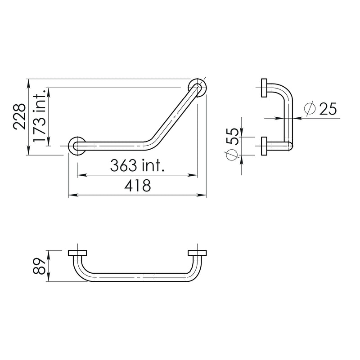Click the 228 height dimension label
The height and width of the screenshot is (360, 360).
tap(19, 117)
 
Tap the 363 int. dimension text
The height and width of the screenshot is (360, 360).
tap(137, 165)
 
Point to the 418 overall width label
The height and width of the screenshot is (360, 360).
tap(138, 186)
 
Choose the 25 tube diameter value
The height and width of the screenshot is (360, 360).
tap(328, 108)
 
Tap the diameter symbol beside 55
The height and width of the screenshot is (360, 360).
tap(232, 155)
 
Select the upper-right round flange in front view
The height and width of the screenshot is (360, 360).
tap(197, 88)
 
